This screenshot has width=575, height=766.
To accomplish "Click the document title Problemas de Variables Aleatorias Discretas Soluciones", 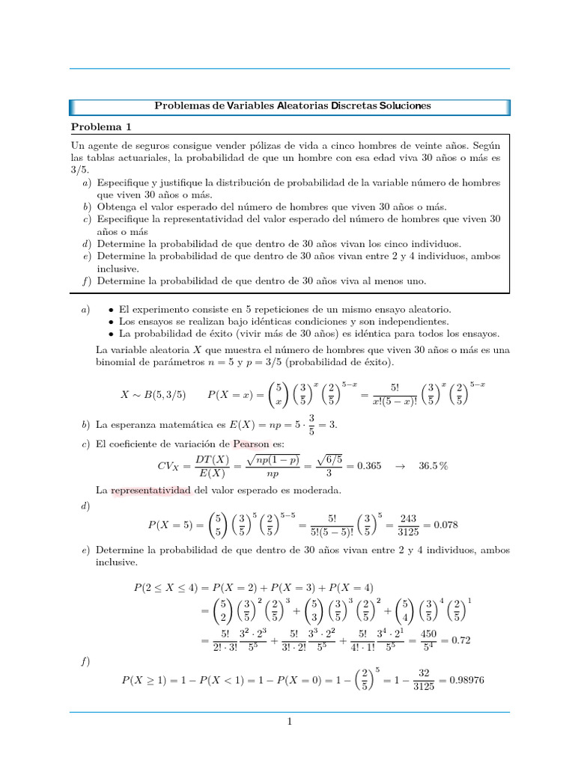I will click(x=292, y=106).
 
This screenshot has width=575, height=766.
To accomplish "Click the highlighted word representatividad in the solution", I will click(x=152, y=490).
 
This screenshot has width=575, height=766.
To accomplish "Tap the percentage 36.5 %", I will click(x=433, y=465).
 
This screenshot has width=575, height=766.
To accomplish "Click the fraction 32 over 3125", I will click(x=425, y=680).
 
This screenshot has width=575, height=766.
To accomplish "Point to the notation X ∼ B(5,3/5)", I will click(x=153, y=394).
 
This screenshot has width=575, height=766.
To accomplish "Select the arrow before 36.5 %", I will click(x=399, y=465).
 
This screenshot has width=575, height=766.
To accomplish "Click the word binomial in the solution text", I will click(x=119, y=362).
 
